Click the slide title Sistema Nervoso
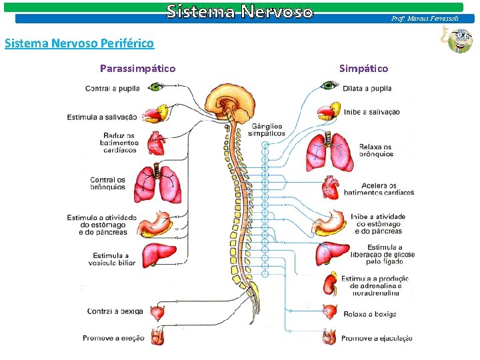tap(239, 11)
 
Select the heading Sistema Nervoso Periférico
tap(79, 44)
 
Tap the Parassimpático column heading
tap(137, 68)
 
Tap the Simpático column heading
tap(363, 68)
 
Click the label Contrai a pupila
tap(112, 89)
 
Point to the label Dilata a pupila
tap(367, 89)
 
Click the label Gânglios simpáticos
tap(266, 129)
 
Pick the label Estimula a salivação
tap(102, 117)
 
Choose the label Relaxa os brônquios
tap(376, 151)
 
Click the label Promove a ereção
tap(113, 338)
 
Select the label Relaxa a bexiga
tap(369, 314)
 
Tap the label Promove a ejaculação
tap(376, 338)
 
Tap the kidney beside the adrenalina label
tap(329, 285)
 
